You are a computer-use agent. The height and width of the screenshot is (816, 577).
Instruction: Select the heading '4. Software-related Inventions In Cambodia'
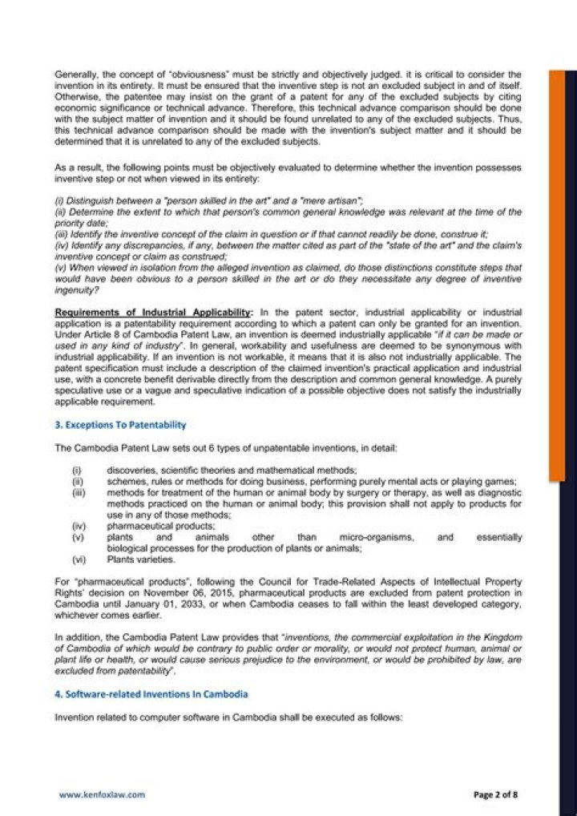pos(151,693)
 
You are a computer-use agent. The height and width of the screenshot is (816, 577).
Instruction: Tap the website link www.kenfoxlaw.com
pos(102,794)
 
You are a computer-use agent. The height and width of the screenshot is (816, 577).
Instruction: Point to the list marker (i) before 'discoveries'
pos(77,470)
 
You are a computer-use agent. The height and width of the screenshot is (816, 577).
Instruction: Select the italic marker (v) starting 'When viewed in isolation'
pos(61,267)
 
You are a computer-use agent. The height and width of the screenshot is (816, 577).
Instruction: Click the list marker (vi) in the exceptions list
pos(79,559)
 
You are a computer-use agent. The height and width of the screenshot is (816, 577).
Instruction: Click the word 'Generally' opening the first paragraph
pos(74,75)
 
